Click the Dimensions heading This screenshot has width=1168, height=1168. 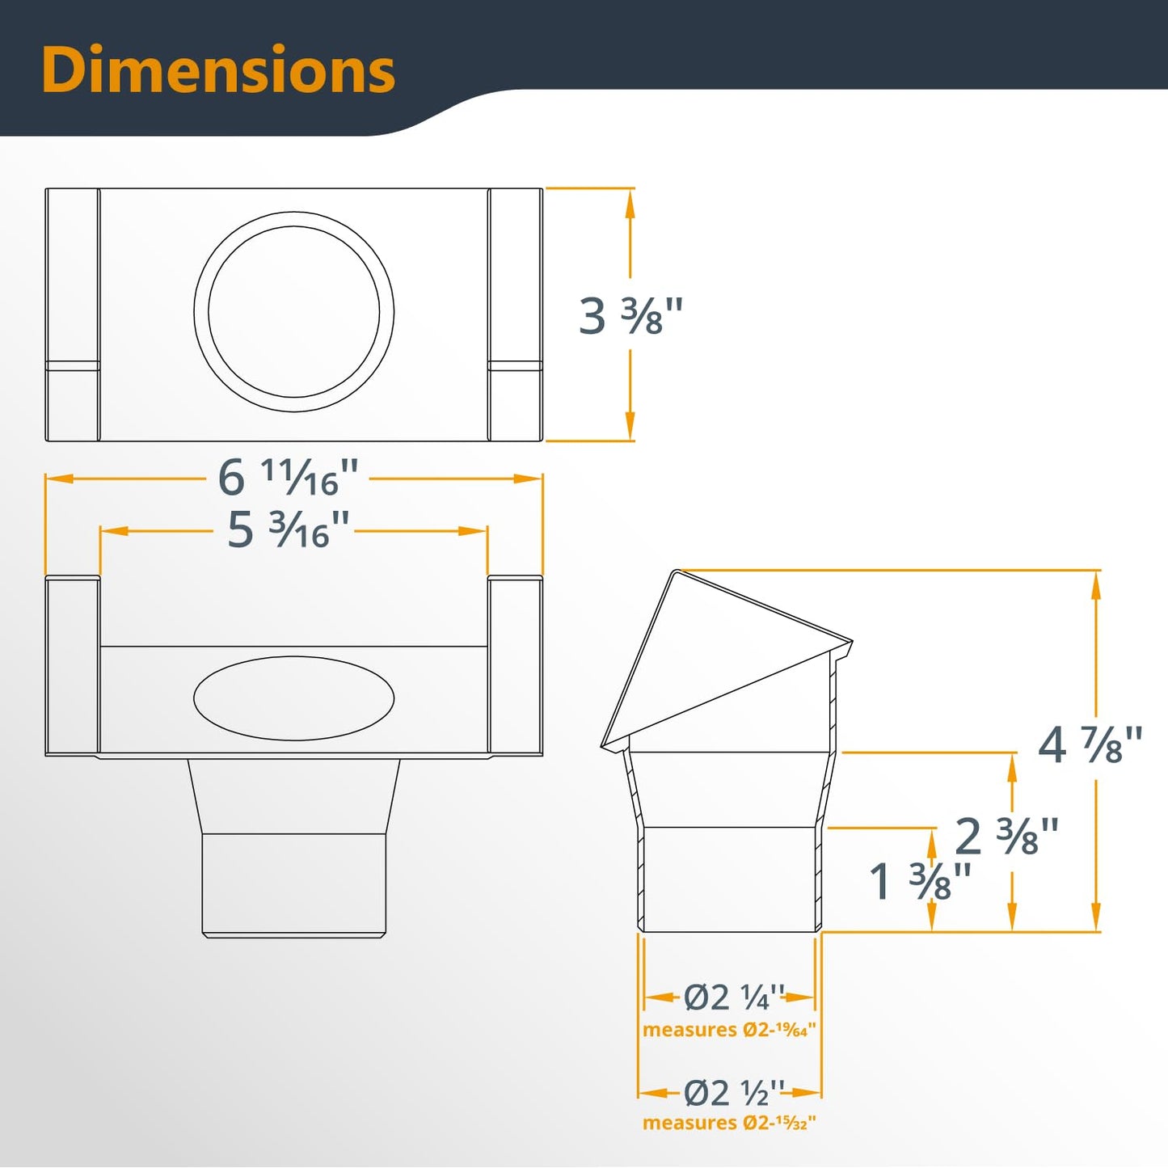(219, 70)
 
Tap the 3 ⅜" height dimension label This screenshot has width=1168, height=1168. (630, 316)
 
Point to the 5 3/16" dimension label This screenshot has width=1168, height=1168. (288, 529)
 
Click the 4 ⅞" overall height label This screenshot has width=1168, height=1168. (1090, 745)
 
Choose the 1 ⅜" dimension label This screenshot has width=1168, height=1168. (920, 880)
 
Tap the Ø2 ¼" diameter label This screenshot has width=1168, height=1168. (734, 997)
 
